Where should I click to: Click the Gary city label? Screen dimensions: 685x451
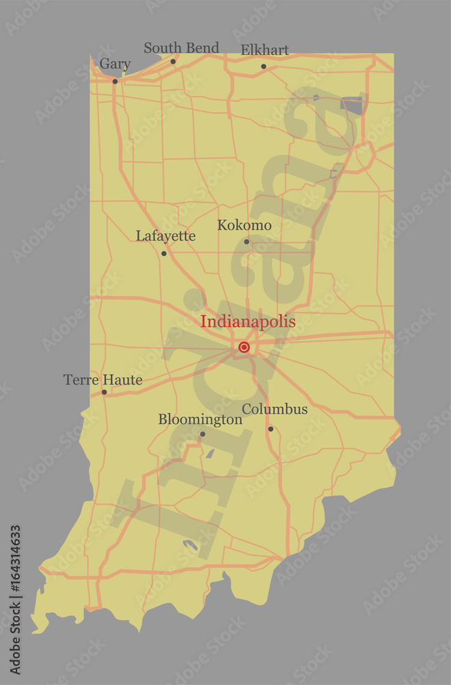(115, 64)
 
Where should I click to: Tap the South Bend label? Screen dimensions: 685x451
(181, 48)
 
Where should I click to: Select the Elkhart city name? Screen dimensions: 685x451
(265, 50)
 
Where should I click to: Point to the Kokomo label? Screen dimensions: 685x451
(244, 225)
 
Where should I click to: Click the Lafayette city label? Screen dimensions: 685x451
(166, 236)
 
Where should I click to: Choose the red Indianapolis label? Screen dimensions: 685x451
(248, 321)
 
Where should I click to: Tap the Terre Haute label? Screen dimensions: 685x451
(103, 379)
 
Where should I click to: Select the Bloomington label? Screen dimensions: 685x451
(201, 419)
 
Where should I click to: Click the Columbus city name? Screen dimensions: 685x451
(275, 410)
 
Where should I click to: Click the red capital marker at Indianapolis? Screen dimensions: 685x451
(244, 347)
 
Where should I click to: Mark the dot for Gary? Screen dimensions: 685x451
(115, 82)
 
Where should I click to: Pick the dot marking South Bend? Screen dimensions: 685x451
(173, 62)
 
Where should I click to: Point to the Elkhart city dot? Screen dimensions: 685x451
(263, 66)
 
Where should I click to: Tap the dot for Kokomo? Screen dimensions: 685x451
(246, 241)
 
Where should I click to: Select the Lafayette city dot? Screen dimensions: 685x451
(164, 253)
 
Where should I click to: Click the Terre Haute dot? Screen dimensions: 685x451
(104, 393)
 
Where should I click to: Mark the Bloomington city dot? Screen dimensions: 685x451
(202, 434)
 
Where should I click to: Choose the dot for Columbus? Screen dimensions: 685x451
(270, 429)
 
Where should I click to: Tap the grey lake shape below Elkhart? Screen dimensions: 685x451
(351, 104)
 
